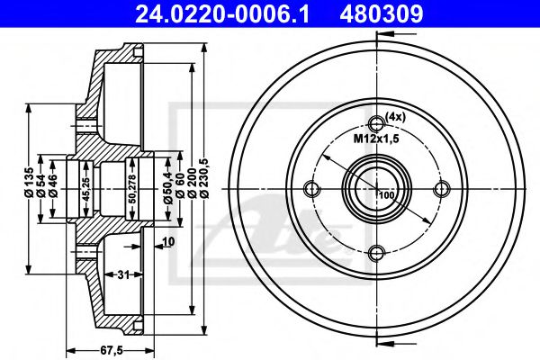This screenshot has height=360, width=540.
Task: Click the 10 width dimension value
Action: [168, 240]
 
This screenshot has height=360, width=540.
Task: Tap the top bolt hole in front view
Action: [377, 124]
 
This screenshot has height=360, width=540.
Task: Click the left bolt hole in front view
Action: [313, 188]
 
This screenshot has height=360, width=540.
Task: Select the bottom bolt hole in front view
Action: [377, 252]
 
